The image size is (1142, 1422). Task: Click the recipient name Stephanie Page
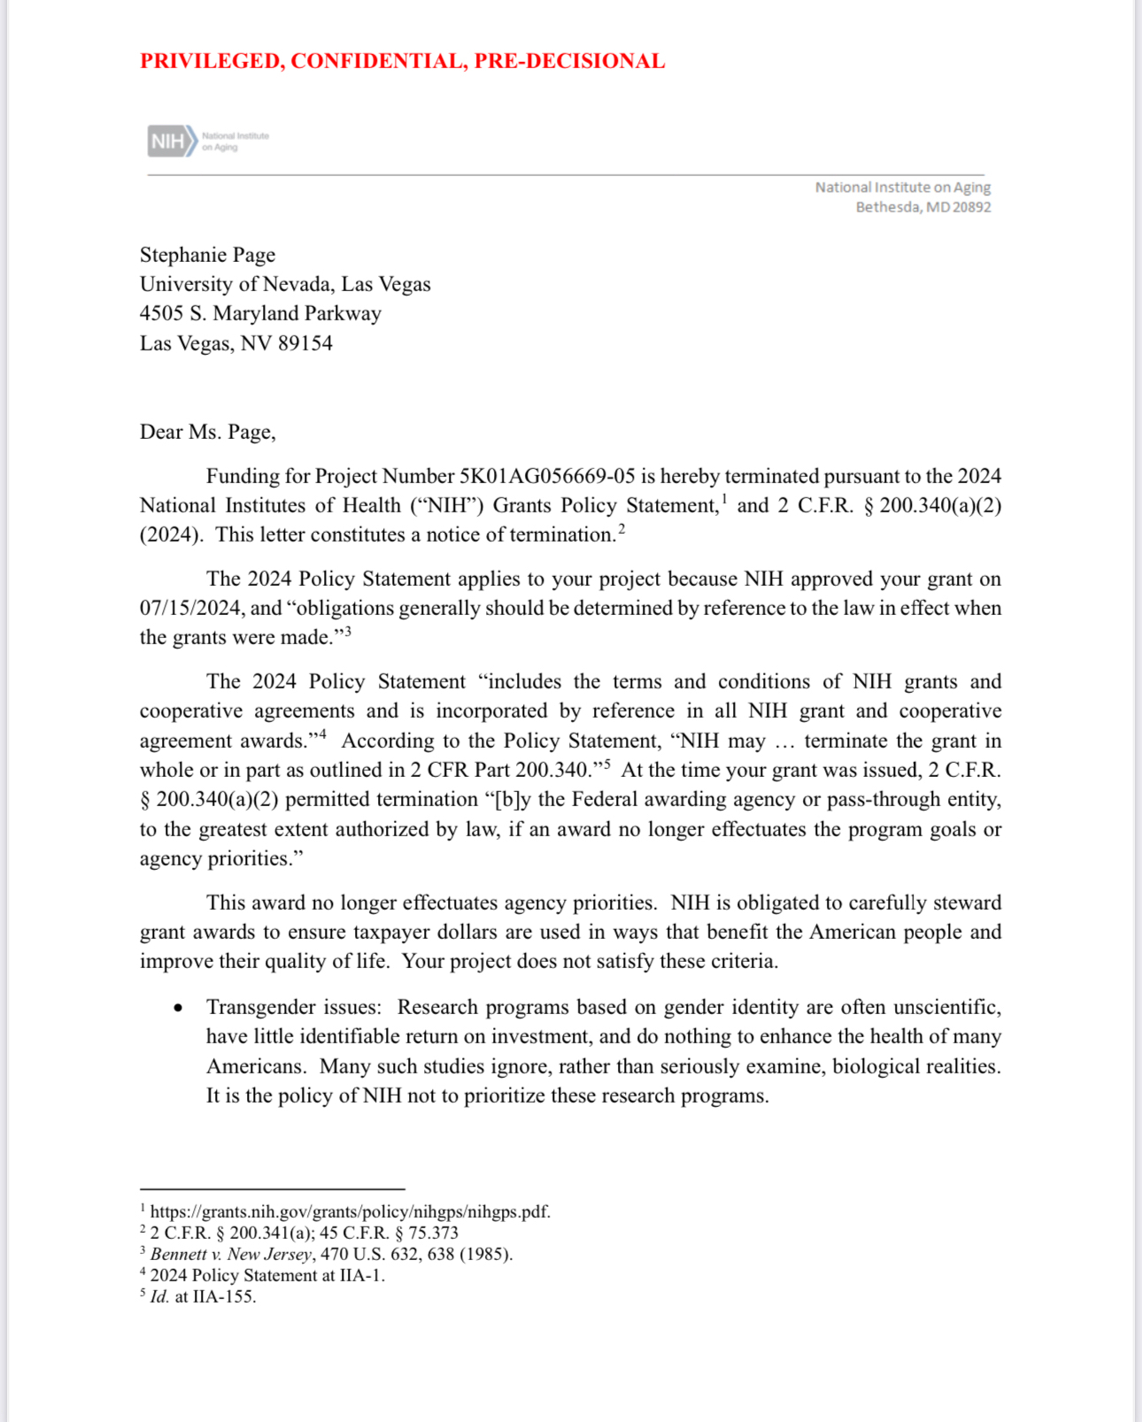click(x=207, y=255)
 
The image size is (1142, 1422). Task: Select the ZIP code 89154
click(x=305, y=343)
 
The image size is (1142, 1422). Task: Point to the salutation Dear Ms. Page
click(x=207, y=432)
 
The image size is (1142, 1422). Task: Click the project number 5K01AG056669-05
click(x=546, y=476)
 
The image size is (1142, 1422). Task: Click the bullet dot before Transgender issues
click(x=179, y=1008)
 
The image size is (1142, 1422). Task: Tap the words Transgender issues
click(x=293, y=1008)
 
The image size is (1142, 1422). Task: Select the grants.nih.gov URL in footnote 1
click(x=350, y=1211)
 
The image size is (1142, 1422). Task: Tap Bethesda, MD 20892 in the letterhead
click(x=922, y=207)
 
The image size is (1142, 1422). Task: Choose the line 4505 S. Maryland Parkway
click(x=260, y=313)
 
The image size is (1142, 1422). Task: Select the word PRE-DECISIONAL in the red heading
click(x=569, y=61)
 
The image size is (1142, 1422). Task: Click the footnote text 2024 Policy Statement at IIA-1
click(x=266, y=1275)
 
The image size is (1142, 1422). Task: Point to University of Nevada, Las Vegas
click(x=285, y=284)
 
